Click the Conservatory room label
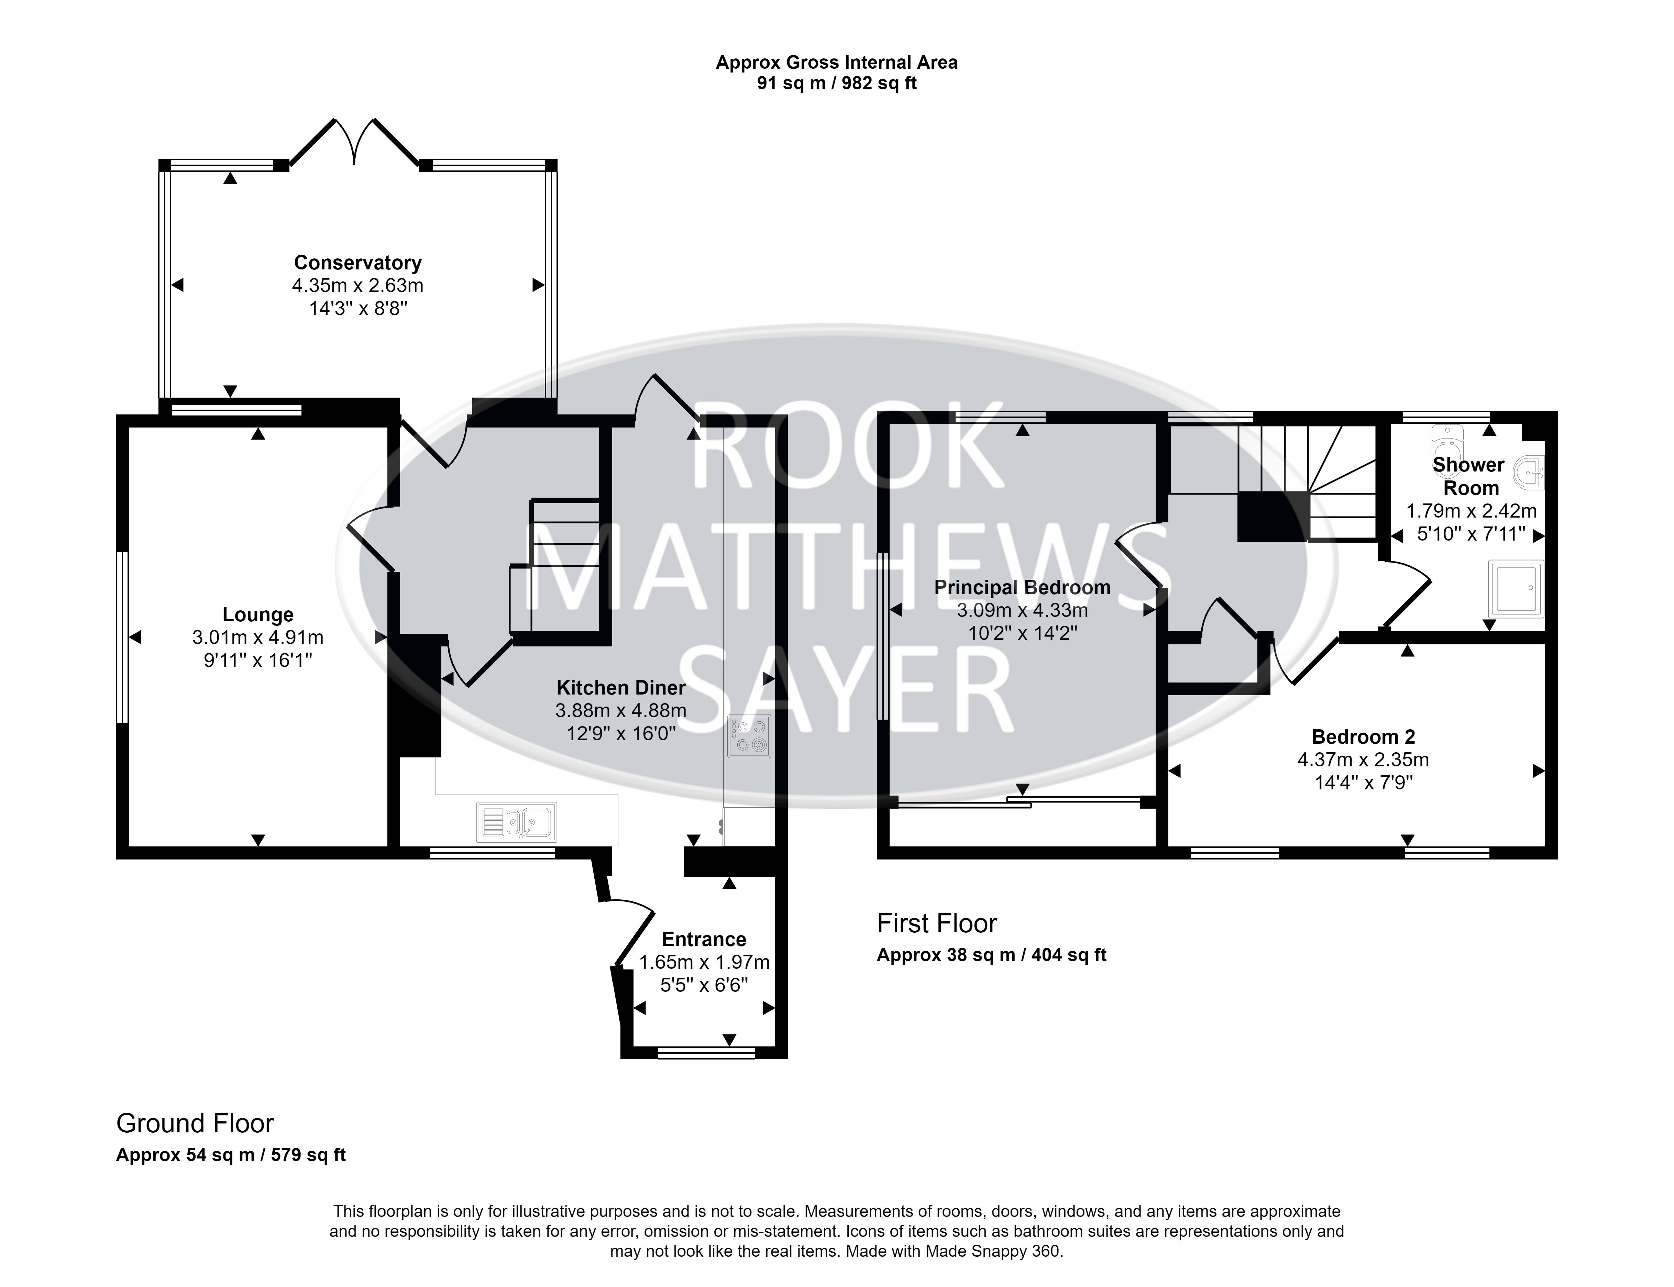point(358,263)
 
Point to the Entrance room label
point(704,939)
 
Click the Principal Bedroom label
point(1022,588)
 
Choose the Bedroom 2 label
point(1364,737)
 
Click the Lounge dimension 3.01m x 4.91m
point(258,637)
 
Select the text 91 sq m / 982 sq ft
point(837,84)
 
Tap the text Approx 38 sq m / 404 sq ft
point(991,955)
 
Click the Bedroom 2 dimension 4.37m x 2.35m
point(1363,760)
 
